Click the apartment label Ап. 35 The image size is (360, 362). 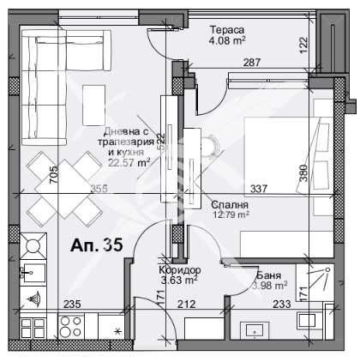click(x=96, y=244)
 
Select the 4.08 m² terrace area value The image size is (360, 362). click(x=229, y=39)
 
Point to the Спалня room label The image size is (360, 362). click(x=230, y=206)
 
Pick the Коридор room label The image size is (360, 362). click(x=179, y=268)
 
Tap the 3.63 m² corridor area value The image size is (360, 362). click(x=179, y=278)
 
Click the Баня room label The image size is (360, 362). click(x=271, y=276)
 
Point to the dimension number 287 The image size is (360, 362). click(x=250, y=62)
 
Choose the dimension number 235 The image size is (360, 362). click(x=73, y=302)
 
